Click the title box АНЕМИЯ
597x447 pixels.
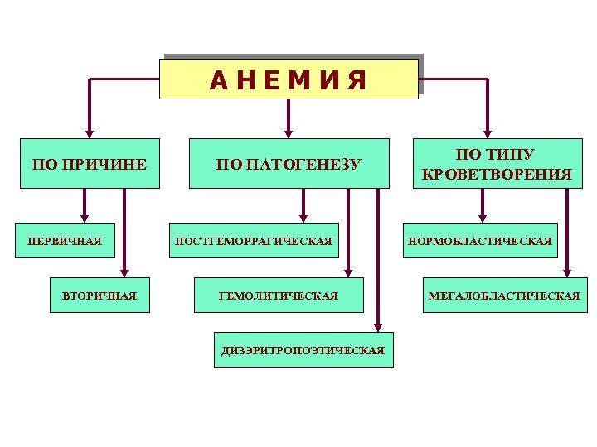(x=289, y=79)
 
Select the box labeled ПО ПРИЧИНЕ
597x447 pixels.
(x=90, y=164)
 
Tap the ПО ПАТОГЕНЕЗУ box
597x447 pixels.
(x=289, y=164)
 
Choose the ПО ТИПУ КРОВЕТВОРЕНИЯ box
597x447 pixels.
(x=496, y=164)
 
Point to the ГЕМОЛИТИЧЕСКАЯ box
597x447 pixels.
(x=278, y=296)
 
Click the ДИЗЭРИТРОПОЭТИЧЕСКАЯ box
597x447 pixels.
(x=303, y=350)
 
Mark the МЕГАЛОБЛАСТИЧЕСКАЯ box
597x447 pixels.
(x=503, y=296)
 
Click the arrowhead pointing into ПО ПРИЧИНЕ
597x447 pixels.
(x=90, y=132)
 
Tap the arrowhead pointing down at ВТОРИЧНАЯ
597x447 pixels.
(x=124, y=272)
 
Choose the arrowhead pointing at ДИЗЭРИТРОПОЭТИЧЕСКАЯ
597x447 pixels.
(x=378, y=326)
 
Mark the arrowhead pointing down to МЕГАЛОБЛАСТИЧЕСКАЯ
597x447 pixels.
(x=568, y=272)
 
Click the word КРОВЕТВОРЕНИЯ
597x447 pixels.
(x=496, y=174)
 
